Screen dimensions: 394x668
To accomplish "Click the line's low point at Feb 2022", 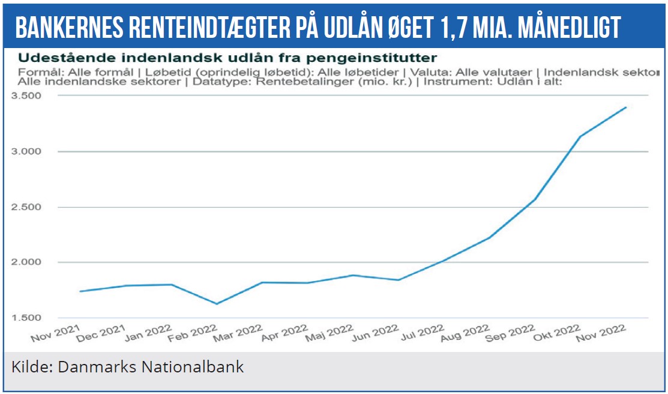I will pyautogui.click(x=217, y=304).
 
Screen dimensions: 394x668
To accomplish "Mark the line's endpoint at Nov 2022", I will pyautogui.click(x=627, y=108).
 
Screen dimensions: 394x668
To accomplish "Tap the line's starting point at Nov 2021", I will pyautogui.click(x=80, y=291).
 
